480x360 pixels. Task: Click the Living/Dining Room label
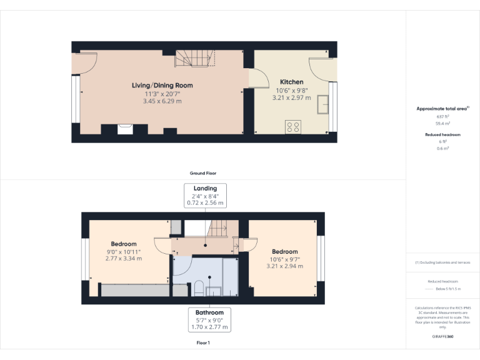pyautogui.click(x=162, y=85)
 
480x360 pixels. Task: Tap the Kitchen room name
pyautogui.click(x=291, y=82)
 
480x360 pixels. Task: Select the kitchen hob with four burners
pyautogui.click(x=292, y=127)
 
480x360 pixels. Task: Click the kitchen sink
pyautogui.click(x=324, y=104)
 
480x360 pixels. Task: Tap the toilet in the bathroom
pyautogui.click(x=198, y=288)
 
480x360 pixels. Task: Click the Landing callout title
pyautogui.click(x=205, y=188)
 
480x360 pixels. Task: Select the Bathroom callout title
pyautogui.click(x=209, y=312)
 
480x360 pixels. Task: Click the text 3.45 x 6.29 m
pyautogui.click(x=162, y=101)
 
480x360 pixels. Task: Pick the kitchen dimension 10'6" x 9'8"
pyautogui.click(x=291, y=90)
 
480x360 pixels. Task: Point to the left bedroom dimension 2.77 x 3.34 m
pyautogui.click(x=123, y=259)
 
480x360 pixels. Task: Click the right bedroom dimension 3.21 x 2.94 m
pyautogui.click(x=286, y=266)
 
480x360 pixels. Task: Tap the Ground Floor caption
pyautogui.click(x=203, y=173)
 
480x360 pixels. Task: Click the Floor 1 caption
pyautogui.click(x=203, y=342)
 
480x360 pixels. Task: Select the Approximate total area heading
pyautogui.click(x=442, y=109)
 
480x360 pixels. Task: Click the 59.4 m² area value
pyautogui.click(x=442, y=123)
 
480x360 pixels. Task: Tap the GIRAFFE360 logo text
pyautogui.click(x=442, y=337)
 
